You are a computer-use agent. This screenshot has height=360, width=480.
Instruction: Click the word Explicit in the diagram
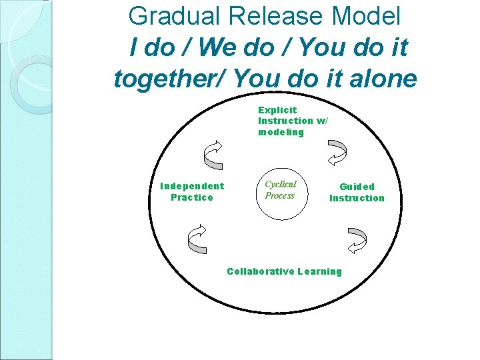pyautogui.click(x=277, y=109)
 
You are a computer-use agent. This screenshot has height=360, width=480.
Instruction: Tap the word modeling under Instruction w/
pyautogui.click(x=281, y=132)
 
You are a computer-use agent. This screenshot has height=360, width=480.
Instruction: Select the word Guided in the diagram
pyautogui.click(x=357, y=187)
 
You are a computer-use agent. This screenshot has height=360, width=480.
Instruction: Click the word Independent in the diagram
pyautogui.click(x=192, y=186)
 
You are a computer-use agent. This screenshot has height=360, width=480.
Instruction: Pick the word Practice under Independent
pyautogui.click(x=192, y=197)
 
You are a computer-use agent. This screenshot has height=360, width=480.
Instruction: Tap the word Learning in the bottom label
pyautogui.click(x=319, y=271)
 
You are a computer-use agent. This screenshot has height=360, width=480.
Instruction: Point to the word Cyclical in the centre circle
pyautogui.click(x=280, y=184)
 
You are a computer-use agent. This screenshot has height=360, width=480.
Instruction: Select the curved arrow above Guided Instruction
pyautogui.click(x=337, y=152)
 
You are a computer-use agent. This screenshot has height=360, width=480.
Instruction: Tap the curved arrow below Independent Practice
pyautogui.click(x=199, y=239)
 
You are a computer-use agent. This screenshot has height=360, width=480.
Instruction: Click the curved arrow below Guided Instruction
pyautogui.click(x=357, y=239)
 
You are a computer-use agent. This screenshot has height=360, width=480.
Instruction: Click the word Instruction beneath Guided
pyautogui.click(x=357, y=198)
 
